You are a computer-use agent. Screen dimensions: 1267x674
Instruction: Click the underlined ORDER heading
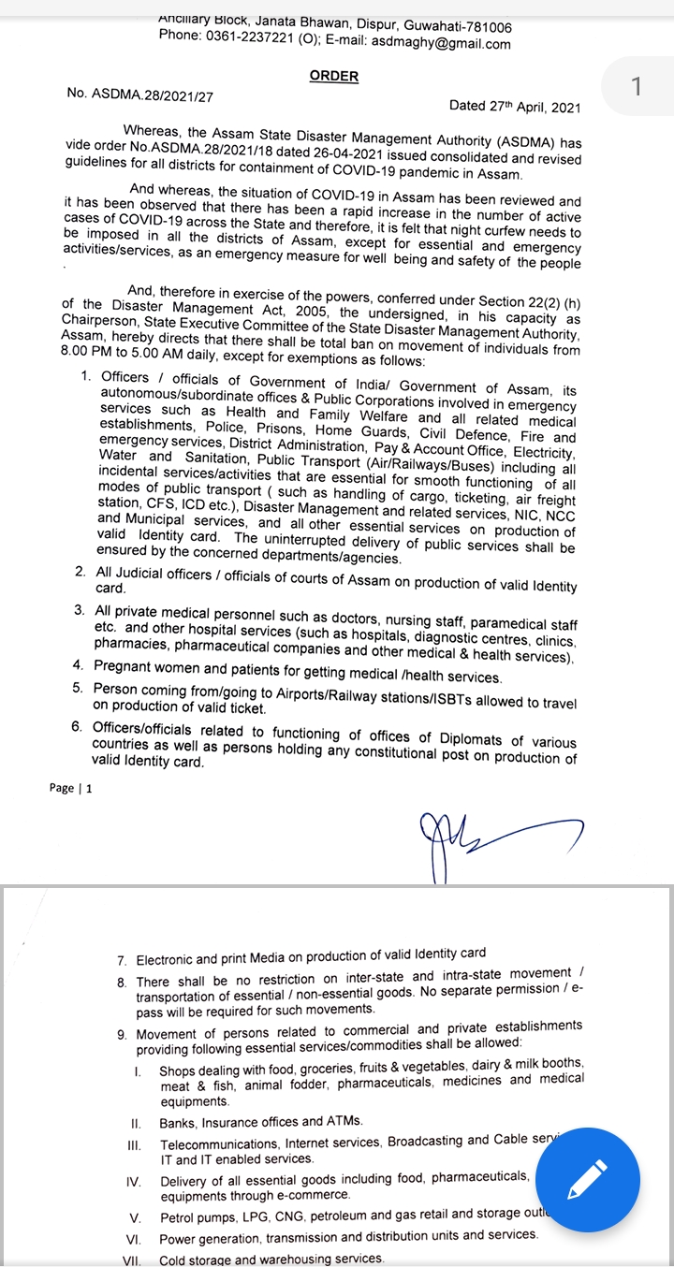click(334, 76)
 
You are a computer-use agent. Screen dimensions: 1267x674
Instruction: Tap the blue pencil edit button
click(588, 1178)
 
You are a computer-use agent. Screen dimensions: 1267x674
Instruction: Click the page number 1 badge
click(637, 87)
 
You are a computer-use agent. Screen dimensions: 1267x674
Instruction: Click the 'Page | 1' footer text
click(71, 788)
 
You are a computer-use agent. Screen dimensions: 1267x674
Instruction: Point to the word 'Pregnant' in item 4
click(125, 666)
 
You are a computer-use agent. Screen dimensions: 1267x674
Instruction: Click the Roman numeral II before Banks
click(136, 1122)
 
